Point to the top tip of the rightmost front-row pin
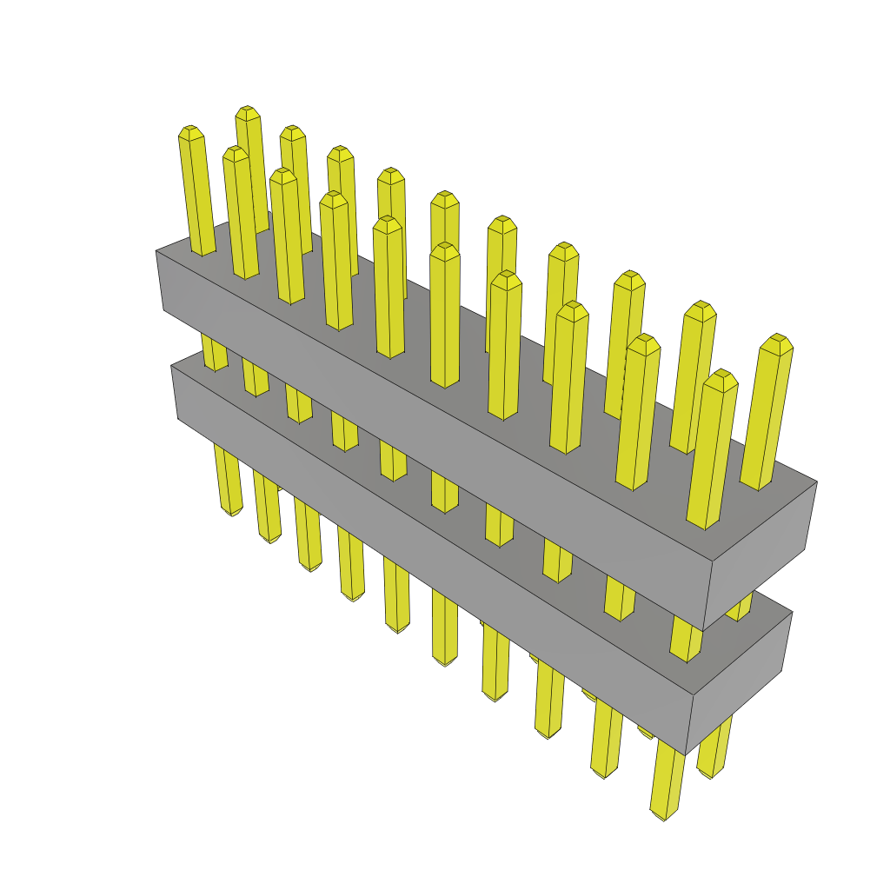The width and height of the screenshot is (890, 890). coord(720,375)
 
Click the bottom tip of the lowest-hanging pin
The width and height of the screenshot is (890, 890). coord(662,815)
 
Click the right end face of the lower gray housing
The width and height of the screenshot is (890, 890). coord(739,682)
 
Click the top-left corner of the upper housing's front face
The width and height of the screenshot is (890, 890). coord(156,251)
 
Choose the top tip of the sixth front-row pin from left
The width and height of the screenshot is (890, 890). coord(444,249)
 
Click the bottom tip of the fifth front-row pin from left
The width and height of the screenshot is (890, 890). coord(397,628)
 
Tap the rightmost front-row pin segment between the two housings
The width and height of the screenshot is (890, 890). coord(686,643)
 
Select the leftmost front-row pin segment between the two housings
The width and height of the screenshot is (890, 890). coord(215,352)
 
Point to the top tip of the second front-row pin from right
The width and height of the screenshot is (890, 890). coord(643,340)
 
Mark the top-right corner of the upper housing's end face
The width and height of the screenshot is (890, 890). coord(817,482)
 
